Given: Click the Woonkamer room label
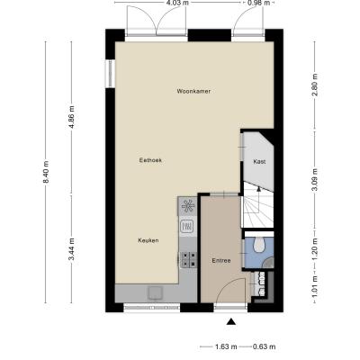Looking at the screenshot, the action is point(193,91).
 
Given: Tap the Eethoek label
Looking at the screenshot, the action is point(150,160).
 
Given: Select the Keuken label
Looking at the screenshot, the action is point(148,240).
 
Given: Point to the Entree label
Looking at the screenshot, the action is point(221,261).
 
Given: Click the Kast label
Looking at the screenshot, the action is point(259,162).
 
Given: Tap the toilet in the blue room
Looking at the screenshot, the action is point(258,244).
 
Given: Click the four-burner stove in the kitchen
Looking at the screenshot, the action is point(189,259).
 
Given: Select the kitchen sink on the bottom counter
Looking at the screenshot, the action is point(155,292).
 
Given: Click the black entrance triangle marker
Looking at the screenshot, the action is point(230,321).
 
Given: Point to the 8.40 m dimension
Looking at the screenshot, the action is point(46,172).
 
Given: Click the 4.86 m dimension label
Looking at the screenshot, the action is point(71,117).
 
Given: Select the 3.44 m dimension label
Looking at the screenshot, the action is point(71,249).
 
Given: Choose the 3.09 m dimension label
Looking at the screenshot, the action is point(314,180).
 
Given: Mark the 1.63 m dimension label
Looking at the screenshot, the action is point(226,346).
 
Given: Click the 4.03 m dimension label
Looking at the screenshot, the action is point(177,3).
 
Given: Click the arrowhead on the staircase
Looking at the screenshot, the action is point(258,188).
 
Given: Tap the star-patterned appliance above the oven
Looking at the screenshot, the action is point(188,206).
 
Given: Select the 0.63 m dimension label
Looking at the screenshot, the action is point(264,346).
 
